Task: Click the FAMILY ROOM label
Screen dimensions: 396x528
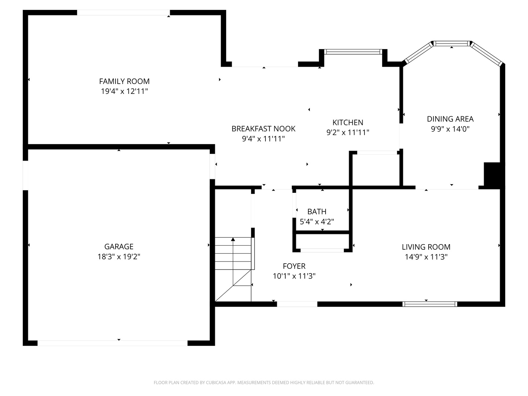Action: (x=124, y=81)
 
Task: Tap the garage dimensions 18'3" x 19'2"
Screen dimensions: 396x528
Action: (x=119, y=257)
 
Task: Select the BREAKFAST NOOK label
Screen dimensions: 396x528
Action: (x=263, y=129)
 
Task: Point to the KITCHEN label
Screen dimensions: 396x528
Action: (x=348, y=122)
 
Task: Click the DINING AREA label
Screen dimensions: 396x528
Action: (x=450, y=119)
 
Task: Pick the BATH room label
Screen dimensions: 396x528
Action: (x=317, y=212)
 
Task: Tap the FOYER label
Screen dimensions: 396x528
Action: (x=294, y=266)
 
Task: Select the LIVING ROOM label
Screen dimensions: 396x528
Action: (x=426, y=247)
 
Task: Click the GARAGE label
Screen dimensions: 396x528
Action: (x=119, y=247)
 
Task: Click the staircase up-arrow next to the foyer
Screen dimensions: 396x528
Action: (x=233, y=240)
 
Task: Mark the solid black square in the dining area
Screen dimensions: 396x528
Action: (x=492, y=175)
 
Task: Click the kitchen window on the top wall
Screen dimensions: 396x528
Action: (x=353, y=52)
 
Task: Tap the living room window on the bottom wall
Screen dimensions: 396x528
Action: (x=430, y=304)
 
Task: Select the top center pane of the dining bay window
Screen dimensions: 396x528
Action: (x=451, y=44)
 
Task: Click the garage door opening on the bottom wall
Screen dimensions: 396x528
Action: (x=113, y=343)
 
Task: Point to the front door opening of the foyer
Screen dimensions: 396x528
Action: (x=297, y=304)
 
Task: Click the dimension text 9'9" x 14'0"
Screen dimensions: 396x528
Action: (x=450, y=129)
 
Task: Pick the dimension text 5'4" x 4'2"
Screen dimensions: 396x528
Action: (x=317, y=222)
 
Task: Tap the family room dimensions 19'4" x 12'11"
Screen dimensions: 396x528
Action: (x=124, y=91)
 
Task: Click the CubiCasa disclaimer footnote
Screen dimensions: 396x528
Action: (x=264, y=382)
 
